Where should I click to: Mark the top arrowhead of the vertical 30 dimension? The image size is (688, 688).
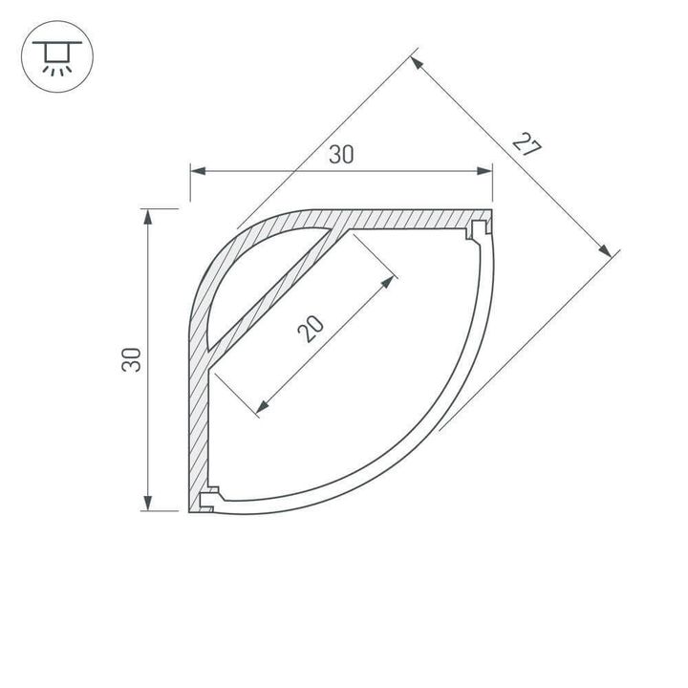pos(148,217)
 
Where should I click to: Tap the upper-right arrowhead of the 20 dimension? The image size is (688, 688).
pos(388,282)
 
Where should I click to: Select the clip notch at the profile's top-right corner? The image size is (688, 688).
pos(476,229)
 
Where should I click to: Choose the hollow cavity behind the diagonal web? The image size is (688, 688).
pos(239,277)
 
